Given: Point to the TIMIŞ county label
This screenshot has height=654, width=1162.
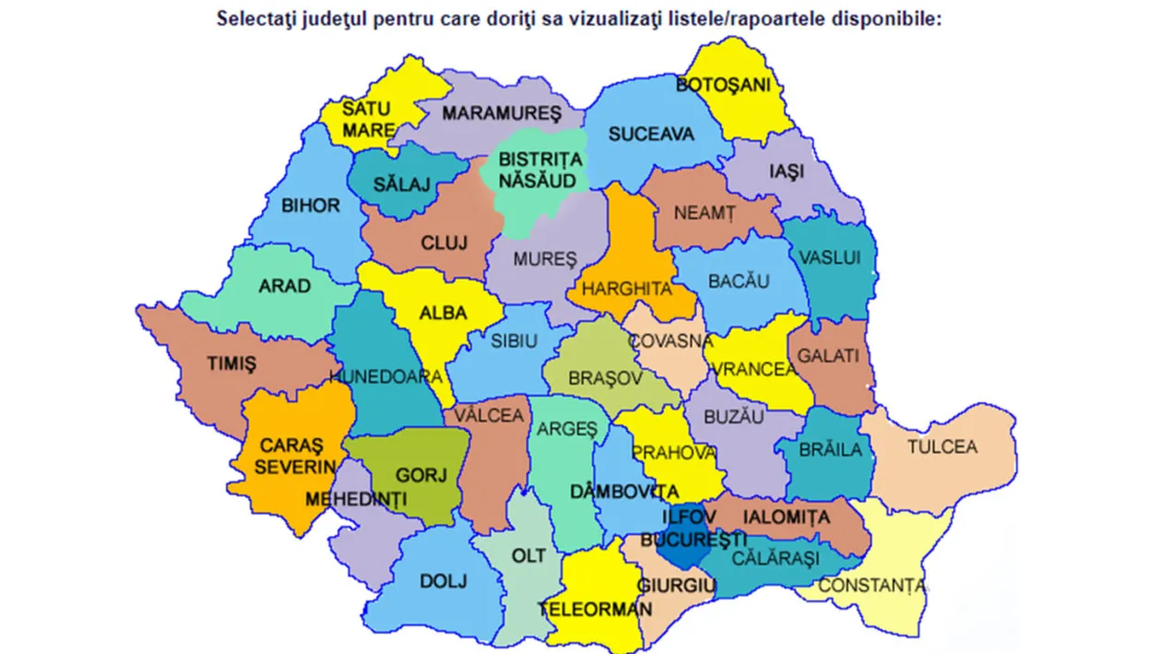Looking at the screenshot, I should click(x=231, y=363).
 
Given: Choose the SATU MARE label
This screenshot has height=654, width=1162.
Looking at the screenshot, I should click(x=367, y=119).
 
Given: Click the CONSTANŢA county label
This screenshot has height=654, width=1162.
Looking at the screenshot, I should click(x=871, y=585).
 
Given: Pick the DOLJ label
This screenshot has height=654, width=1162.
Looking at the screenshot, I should click(x=444, y=581).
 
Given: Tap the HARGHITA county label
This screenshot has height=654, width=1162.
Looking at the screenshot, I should click(x=626, y=289).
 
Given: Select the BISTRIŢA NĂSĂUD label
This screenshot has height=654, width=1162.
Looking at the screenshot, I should click(x=540, y=170).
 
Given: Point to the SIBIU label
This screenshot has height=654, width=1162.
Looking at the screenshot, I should click(x=514, y=340).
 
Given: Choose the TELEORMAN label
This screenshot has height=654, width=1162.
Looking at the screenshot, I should click(x=609, y=610).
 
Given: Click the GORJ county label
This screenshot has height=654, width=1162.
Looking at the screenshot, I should click(x=421, y=476).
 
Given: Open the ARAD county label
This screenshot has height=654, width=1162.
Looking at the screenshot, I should click(x=284, y=286).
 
